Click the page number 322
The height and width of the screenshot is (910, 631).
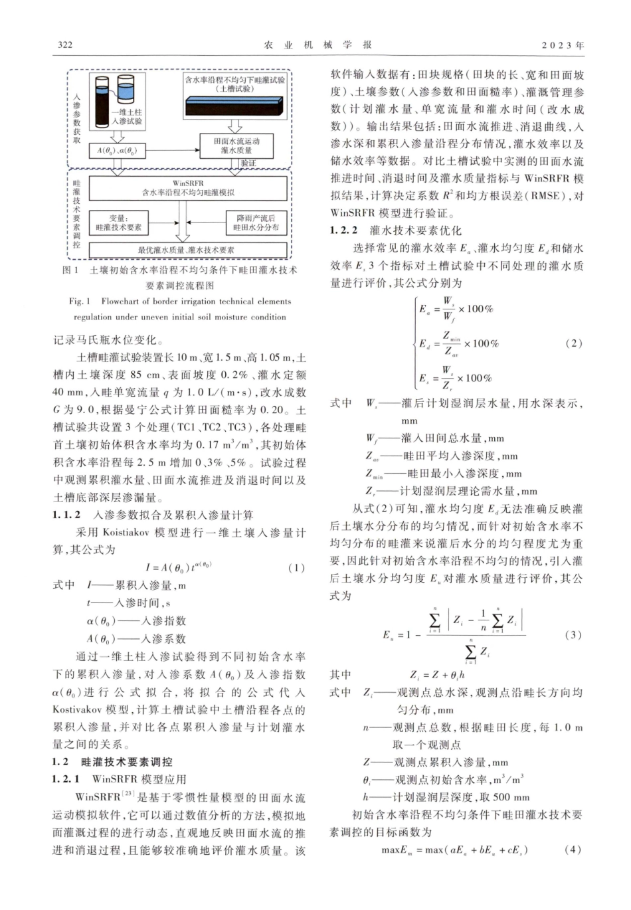click(64, 45)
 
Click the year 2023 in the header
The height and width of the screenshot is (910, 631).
click(562, 45)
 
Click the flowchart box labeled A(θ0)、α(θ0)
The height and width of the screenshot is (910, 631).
click(116, 151)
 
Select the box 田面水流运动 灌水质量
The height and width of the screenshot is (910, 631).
click(236, 146)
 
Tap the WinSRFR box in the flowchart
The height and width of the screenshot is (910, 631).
click(189, 188)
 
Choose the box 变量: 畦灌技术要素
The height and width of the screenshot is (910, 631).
click(119, 223)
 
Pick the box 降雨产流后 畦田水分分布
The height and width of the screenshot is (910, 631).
click(256, 223)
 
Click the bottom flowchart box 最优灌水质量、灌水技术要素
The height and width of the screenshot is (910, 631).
click(186, 250)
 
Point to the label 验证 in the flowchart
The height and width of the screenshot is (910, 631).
click(248, 163)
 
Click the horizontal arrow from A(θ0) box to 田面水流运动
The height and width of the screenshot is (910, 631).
click(171, 151)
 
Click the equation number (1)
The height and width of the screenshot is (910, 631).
click(296, 568)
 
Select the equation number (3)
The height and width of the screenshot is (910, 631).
click(573, 635)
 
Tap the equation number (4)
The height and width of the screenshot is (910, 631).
click(573, 850)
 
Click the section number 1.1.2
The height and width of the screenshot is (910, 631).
click(66, 515)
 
